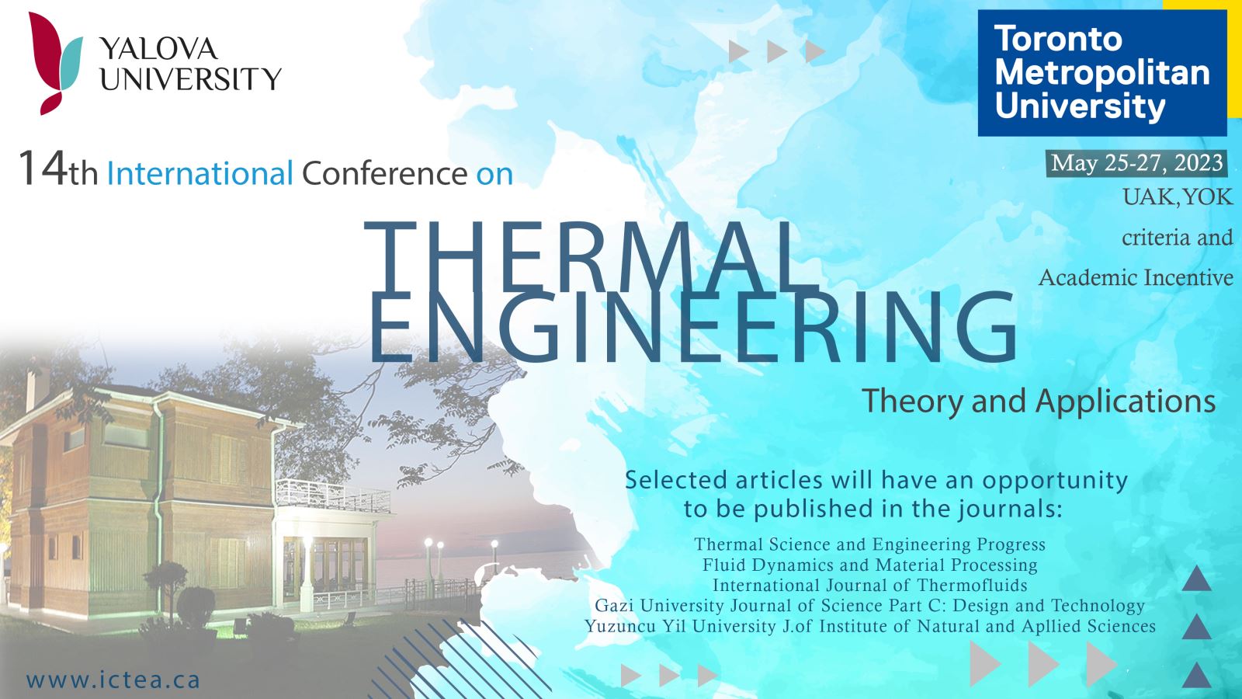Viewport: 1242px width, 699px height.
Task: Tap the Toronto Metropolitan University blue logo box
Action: coord(1102,73)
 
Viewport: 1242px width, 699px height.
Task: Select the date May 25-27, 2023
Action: coord(1136,163)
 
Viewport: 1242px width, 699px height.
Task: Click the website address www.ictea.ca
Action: coord(113,680)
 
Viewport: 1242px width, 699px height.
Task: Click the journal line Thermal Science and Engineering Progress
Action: coord(870,544)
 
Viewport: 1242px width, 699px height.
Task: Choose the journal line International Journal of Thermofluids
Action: coord(870,586)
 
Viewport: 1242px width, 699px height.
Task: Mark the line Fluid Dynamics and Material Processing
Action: coord(870,565)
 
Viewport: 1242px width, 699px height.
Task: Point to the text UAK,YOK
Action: coord(1178,197)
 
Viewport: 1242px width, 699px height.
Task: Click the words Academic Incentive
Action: coord(1136,277)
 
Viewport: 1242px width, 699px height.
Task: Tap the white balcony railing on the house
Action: coord(333,496)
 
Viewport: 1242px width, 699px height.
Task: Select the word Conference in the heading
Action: coord(384,173)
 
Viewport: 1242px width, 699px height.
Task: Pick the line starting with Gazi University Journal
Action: coord(870,606)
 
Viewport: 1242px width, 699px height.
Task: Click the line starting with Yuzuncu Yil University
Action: coord(870,626)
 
